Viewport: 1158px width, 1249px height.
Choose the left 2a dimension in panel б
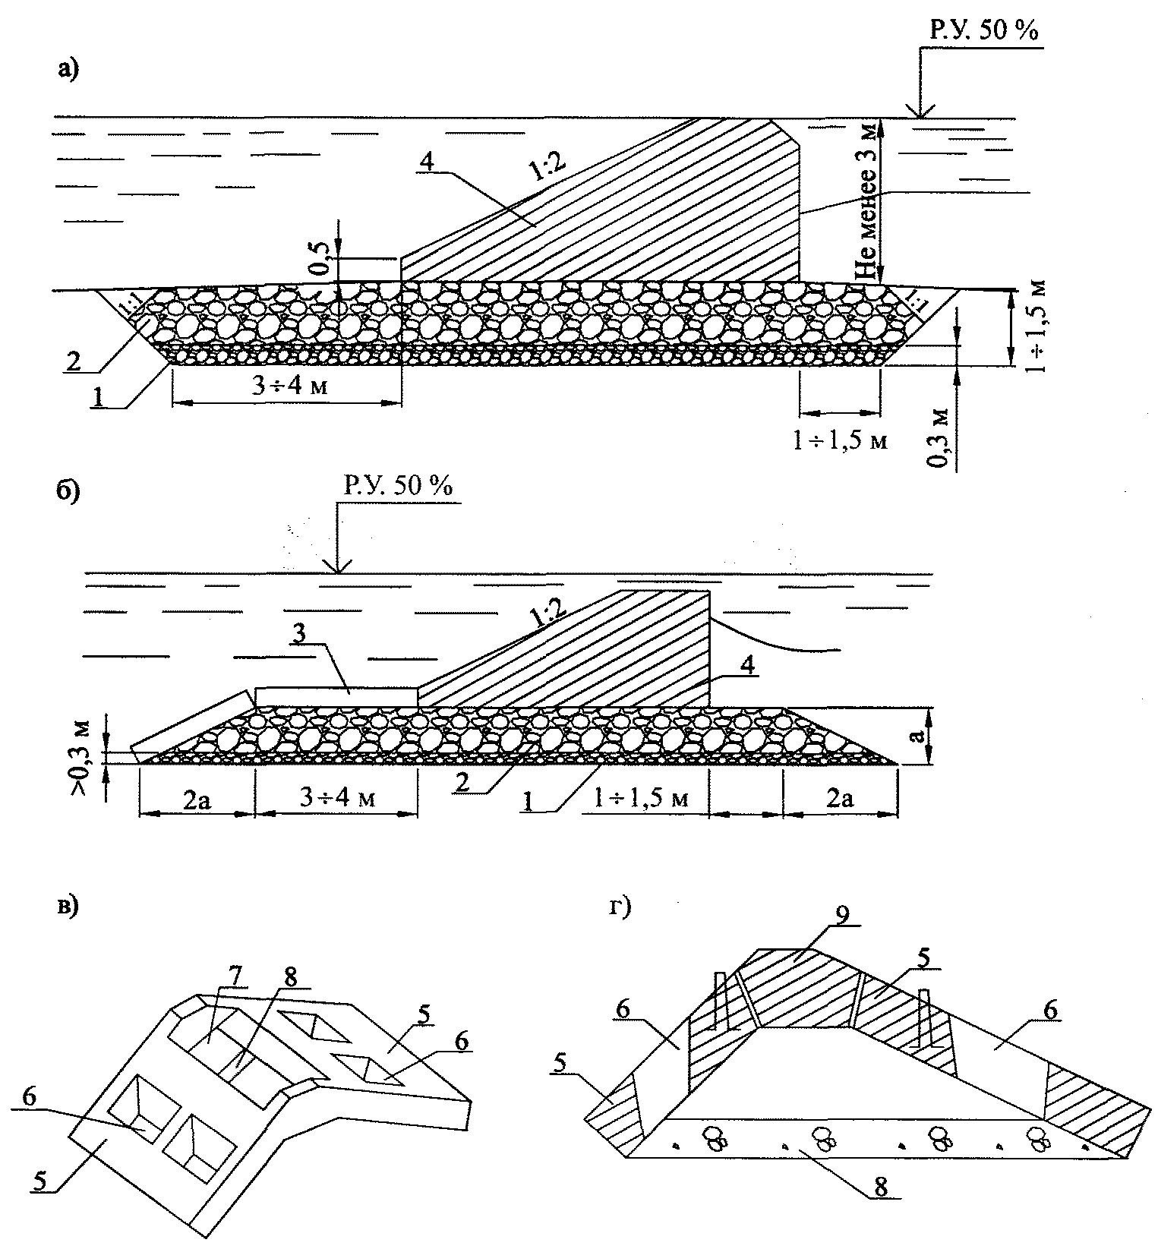pyautogui.click(x=196, y=799)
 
